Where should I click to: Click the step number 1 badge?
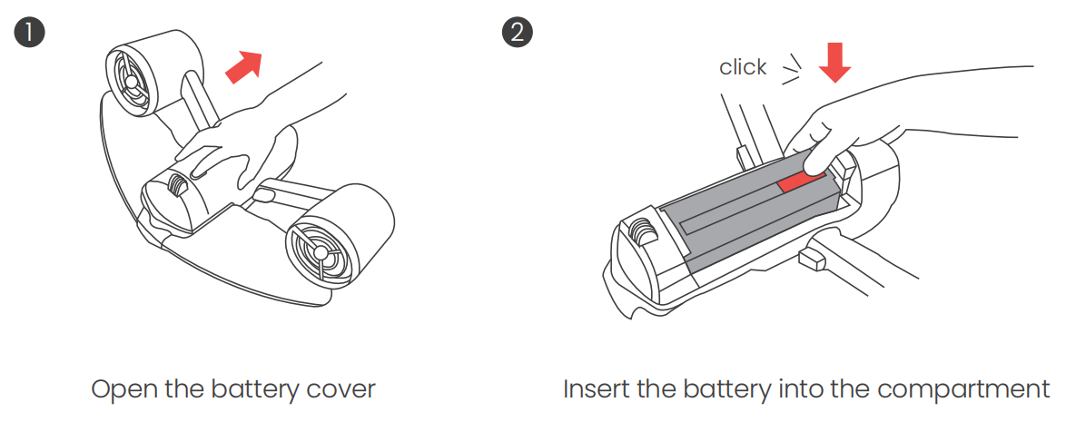point(28,33)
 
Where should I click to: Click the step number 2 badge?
point(517,33)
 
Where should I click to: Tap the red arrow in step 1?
point(243,67)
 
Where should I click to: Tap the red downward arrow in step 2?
point(834,61)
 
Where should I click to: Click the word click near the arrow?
point(743,67)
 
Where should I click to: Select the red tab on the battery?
point(800,181)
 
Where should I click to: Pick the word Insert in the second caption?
point(596,389)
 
